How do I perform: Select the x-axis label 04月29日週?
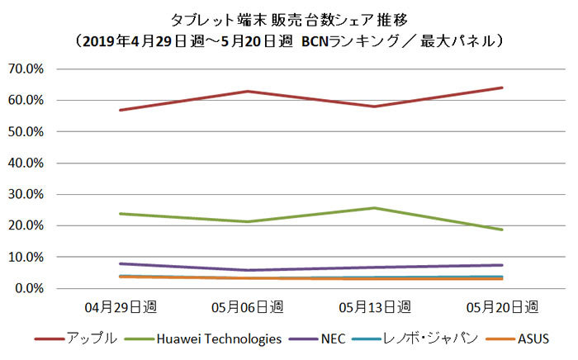coord(122,307)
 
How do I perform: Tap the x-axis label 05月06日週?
coord(248,307)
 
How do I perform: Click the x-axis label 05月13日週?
coord(375,307)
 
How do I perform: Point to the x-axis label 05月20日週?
coord(501,307)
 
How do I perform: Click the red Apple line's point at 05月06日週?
coord(249,91)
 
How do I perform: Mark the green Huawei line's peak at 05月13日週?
coord(375,208)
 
